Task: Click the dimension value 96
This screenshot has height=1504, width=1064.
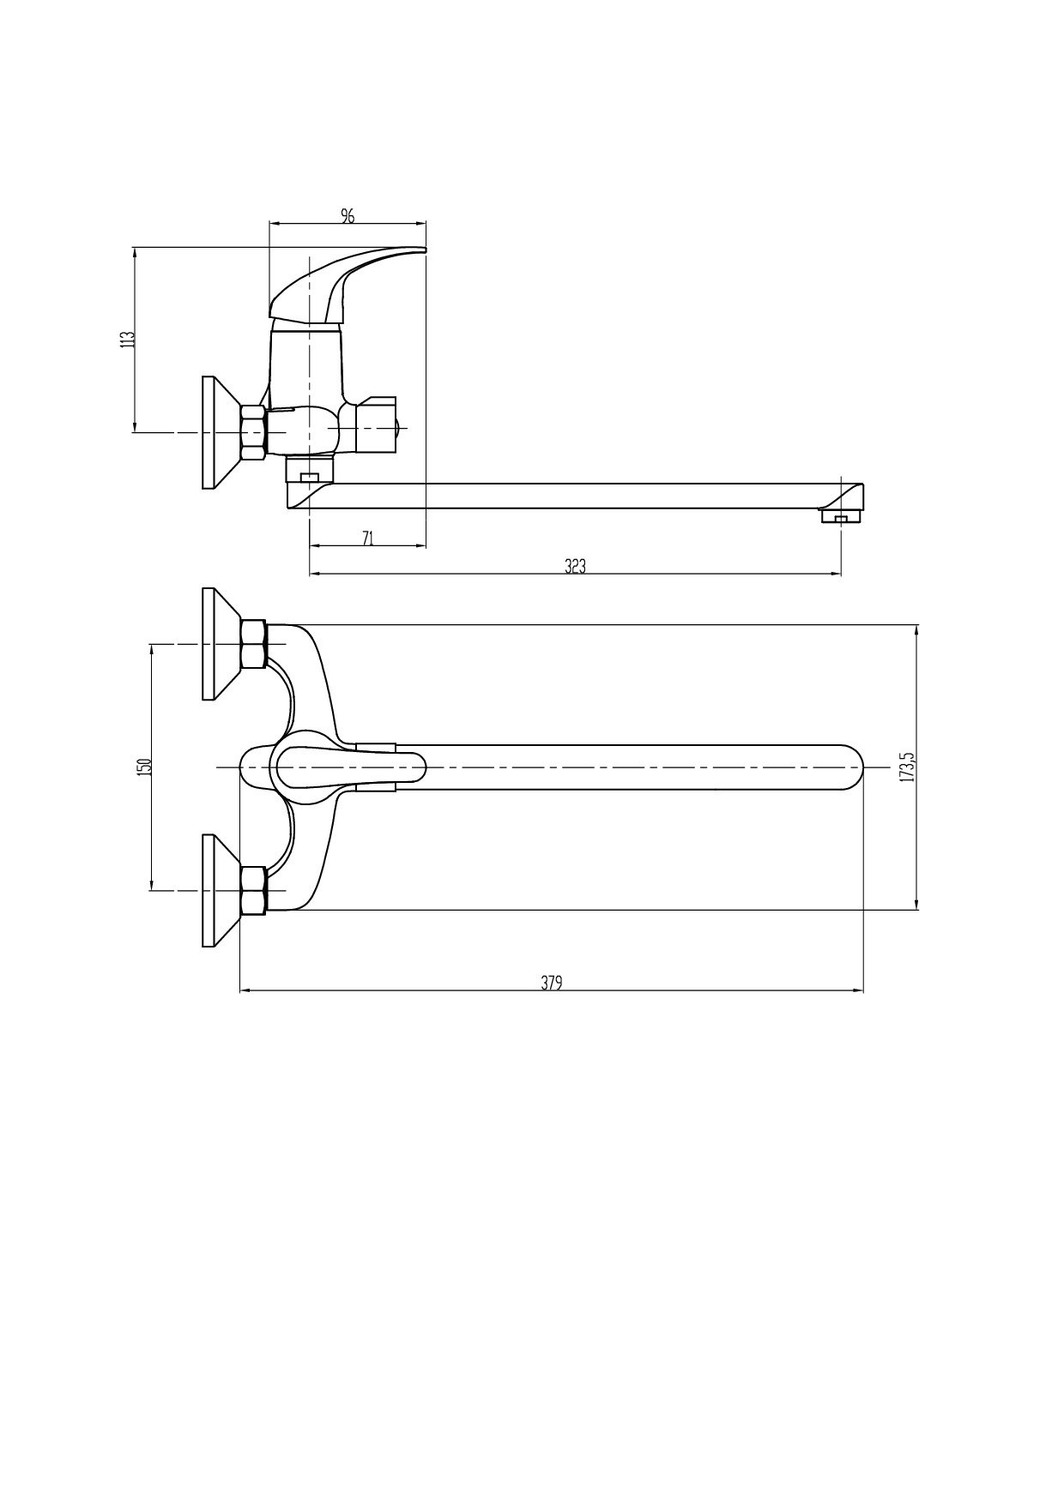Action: (348, 215)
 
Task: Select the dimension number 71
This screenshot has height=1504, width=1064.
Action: (367, 538)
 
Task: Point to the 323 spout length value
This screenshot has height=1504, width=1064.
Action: (575, 566)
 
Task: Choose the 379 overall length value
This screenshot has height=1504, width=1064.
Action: (551, 983)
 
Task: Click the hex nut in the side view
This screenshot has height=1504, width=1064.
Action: (255, 432)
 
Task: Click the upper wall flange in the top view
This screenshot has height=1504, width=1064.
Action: (222, 644)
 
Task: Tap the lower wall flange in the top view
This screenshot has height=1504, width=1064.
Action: (222, 890)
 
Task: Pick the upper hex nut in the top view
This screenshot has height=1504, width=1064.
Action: (255, 644)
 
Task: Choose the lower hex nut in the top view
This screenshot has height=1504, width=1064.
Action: (255, 890)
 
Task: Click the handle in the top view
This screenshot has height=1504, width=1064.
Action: (348, 767)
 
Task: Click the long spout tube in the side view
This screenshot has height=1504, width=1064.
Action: (575, 496)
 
